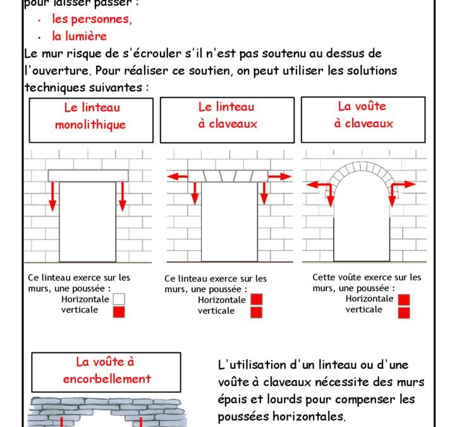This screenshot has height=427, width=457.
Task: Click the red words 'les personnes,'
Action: [x=92, y=19]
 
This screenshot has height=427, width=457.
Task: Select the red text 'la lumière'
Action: [x=79, y=37]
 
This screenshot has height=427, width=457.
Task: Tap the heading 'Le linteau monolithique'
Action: [x=90, y=116]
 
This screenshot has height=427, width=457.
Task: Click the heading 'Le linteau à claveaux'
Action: [x=228, y=116]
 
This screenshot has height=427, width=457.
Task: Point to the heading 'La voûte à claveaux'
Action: [x=363, y=115]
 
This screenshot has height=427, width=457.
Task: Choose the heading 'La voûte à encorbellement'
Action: [x=105, y=371]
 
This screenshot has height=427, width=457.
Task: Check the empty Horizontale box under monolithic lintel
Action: [x=119, y=300]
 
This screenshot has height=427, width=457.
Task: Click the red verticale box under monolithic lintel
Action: [x=119, y=311]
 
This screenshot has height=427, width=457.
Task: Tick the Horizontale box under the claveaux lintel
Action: [x=256, y=300]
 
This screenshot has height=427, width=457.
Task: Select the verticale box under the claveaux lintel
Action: [x=256, y=312]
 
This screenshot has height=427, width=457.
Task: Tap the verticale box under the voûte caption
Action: [x=404, y=312]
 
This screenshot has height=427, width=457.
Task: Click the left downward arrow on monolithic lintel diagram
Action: [x=53, y=196]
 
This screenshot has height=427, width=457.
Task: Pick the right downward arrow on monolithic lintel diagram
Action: [x=123, y=196]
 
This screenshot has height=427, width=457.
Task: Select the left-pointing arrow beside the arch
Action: [x=315, y=185]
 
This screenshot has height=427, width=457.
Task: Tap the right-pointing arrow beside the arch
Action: [x=407, y=185]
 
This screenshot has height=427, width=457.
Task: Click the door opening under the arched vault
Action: [x=361, y=228]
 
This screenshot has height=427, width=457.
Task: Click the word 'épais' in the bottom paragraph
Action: [x=233, y=400]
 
